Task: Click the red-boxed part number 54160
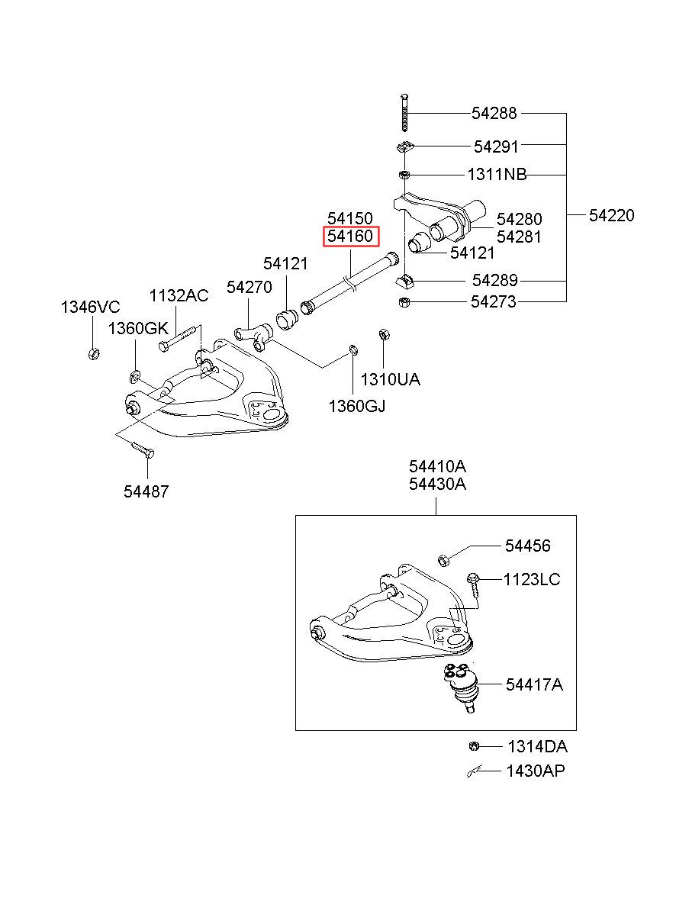(350, 237)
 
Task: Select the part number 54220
(611, 215)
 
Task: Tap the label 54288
(494, 113)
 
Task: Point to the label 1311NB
(497, 175)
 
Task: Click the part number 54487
(146, 491)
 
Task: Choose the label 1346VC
(90, 307)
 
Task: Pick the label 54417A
(534, 684)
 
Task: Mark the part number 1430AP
(536, 771)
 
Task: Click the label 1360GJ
(357, 407)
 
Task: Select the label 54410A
(438, 466)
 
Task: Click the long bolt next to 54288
(404, 113)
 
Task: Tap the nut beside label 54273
(404, 302)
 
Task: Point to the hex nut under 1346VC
(94, 353)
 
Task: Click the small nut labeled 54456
(443, 561)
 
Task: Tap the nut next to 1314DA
(474, 746)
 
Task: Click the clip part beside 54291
(404, 146)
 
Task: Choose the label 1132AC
(179, 295)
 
